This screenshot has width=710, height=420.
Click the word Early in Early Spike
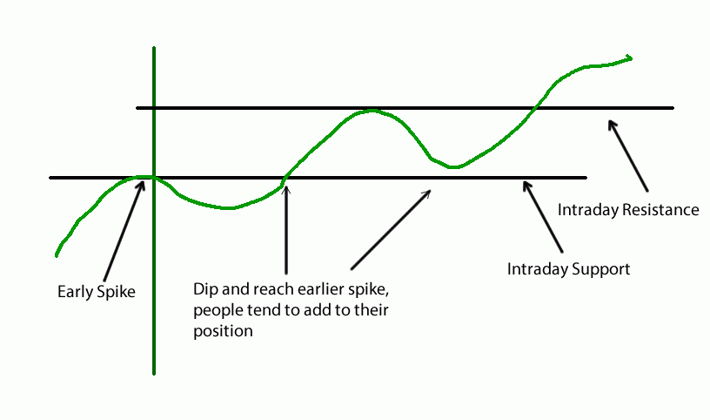coord(75,292)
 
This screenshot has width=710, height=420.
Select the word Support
coord(599,268)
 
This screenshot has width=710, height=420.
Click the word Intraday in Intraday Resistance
coord(585,210)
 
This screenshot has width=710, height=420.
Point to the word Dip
coord(205,290)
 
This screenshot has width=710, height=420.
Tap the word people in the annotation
coord(216,311)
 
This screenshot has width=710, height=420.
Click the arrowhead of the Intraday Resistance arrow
coord(613,125)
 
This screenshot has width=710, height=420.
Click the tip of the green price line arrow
coord(630,58)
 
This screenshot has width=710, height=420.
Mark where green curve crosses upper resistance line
coord(534,107)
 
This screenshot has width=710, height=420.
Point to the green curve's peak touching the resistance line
coord(372,111)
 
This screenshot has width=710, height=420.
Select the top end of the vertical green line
coord(153,47)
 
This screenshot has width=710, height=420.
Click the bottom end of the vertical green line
coord(153,373)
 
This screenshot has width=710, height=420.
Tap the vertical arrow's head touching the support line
coord(286,182)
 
